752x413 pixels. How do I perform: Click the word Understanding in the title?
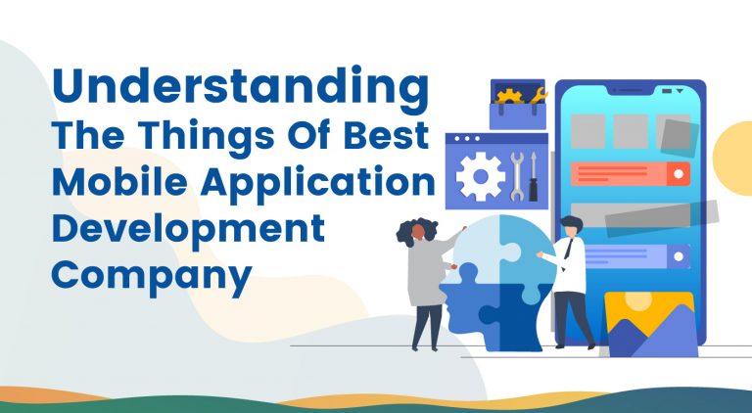241,89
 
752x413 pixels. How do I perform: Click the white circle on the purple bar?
678,255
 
